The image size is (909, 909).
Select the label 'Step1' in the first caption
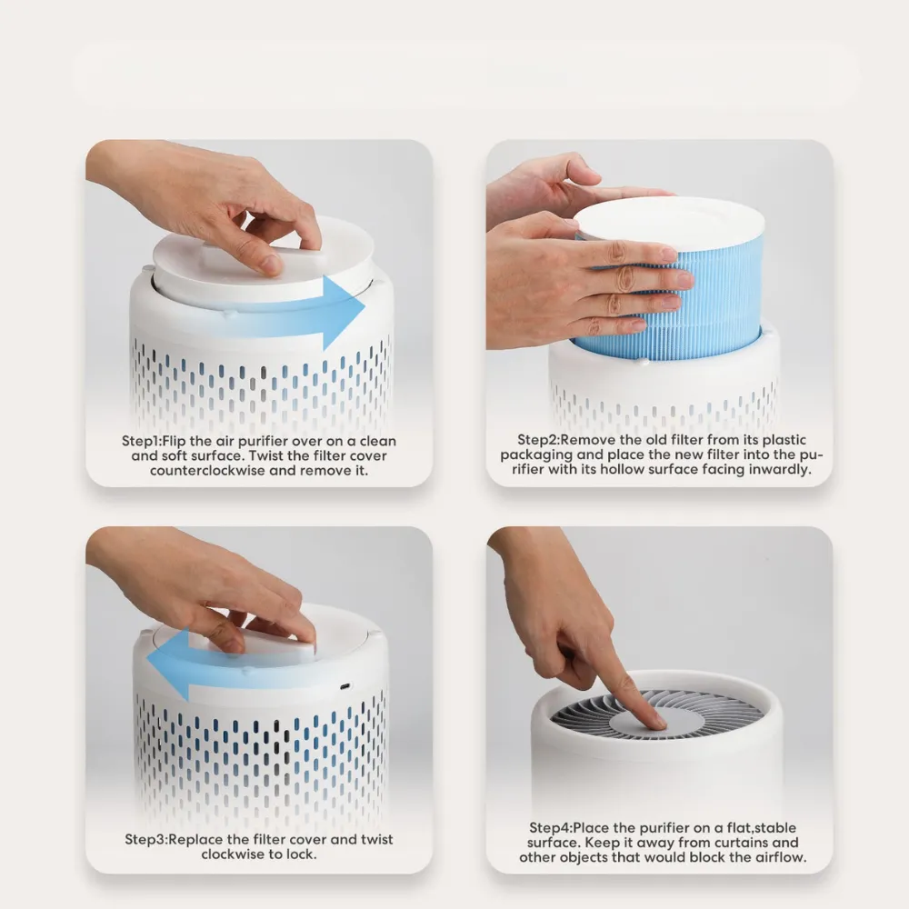point(140,441)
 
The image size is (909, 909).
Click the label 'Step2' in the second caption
point(537,440)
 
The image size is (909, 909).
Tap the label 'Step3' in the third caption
point(144,839)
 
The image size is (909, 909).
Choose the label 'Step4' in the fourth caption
point(549,828)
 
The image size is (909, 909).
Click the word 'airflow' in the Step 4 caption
point(779,857)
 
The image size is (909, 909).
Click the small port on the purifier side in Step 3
point(345,686)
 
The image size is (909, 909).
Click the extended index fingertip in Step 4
point(657,721)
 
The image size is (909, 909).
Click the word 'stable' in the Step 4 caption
point(775,828)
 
